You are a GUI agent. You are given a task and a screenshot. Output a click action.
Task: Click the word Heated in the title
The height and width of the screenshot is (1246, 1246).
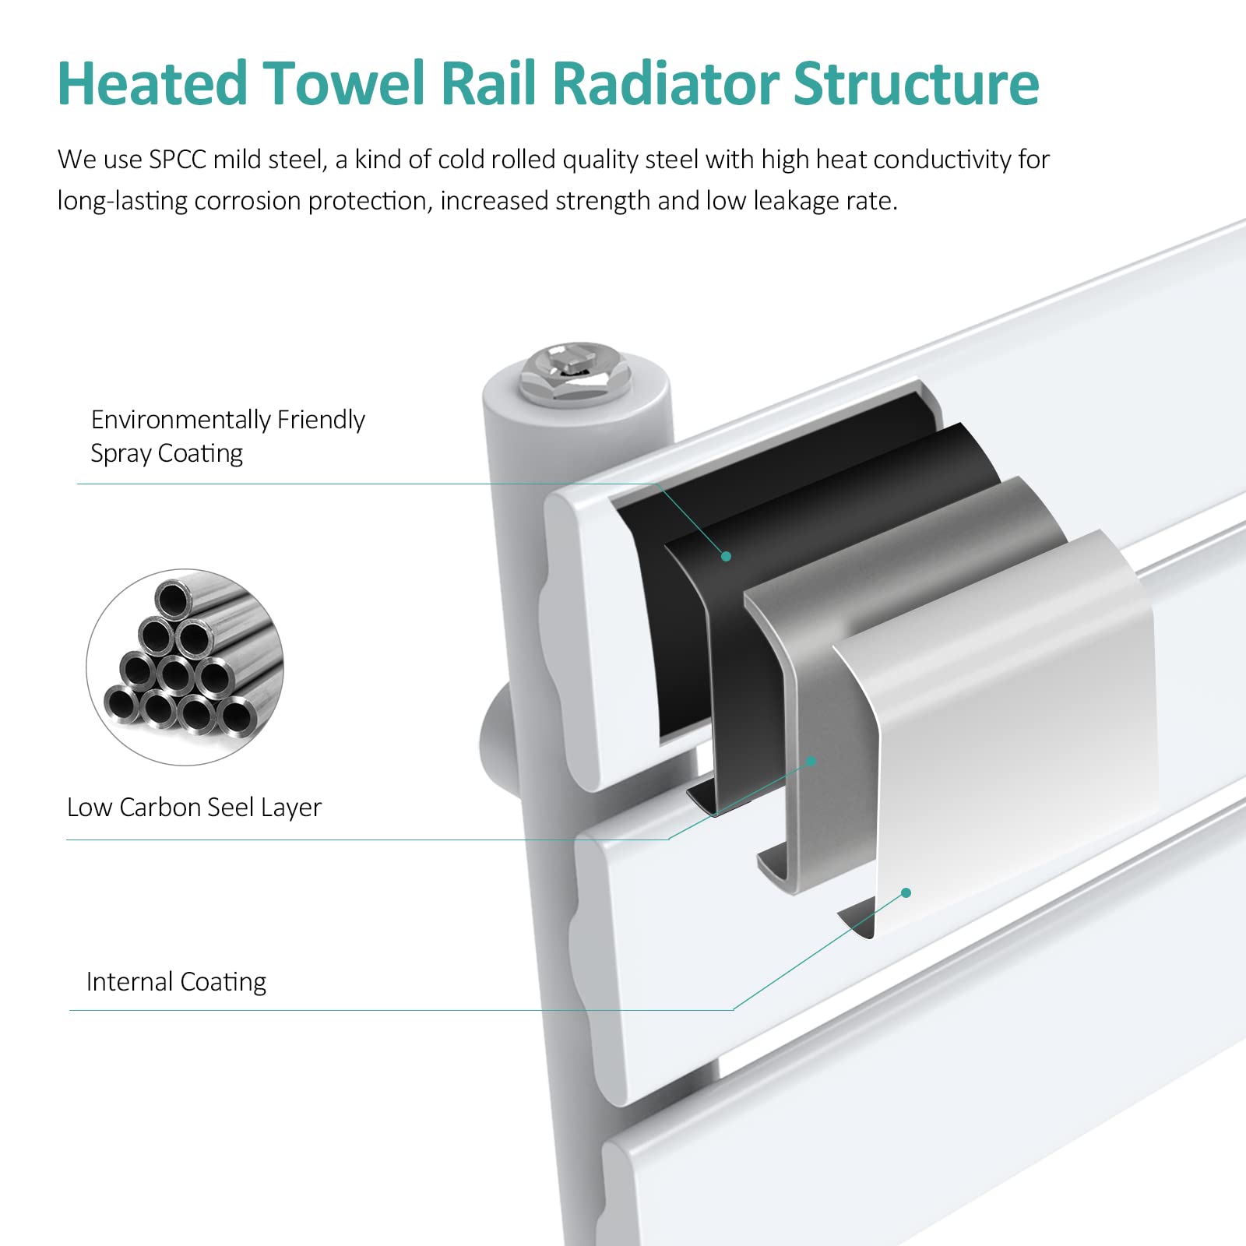153,83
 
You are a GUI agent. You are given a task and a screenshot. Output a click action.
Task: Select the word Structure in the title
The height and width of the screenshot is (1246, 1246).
916,83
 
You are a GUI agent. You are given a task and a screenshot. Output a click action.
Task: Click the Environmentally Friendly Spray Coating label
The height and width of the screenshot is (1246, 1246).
228,436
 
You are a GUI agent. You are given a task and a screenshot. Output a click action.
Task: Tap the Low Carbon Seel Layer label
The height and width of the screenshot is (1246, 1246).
195,808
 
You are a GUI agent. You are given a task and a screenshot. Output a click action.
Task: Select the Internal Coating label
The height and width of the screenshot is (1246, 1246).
176,982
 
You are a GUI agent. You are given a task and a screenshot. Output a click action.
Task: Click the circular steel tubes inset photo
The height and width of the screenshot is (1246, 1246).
185,667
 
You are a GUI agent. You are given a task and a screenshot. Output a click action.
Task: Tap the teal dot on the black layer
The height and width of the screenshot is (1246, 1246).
726,556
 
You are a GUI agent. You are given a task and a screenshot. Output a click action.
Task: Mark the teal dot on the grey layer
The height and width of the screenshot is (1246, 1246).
811,761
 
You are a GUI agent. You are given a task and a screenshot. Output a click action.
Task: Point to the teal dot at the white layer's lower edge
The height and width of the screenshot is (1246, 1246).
906,892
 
